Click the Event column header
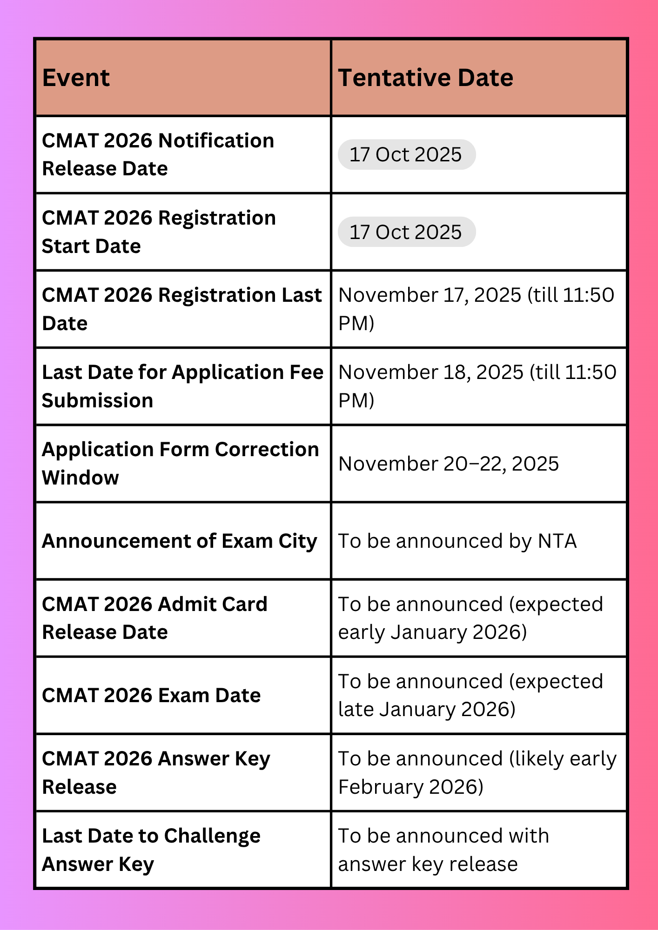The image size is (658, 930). (x=76, y=78)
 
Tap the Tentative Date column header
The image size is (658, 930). (x=425, y=78)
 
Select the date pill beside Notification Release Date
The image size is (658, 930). (x=406, y=154)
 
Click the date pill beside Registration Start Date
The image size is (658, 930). (x=406, y=232)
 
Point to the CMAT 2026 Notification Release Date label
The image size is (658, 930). (x=158, y=154)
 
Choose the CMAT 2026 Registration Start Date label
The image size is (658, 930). (x=159, y=232)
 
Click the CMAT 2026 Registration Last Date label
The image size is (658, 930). (x=181, y=309)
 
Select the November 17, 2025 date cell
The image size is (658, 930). (x=476, y=309)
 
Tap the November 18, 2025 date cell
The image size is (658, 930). (x=477, y=386)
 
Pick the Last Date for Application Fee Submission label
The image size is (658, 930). (x=182, y=386)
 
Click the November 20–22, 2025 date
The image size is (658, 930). (x=449, y=464)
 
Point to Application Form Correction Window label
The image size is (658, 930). (x=181, y=463)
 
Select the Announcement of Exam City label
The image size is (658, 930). (x=180, y=541)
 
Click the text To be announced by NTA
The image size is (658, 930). (x=457, y=541)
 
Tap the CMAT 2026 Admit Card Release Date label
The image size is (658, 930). (x=154, y=618)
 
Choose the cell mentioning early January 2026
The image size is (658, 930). (x=470, y=618)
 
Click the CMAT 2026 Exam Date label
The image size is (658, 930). (x=151, y=695)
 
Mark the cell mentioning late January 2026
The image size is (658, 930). (x=470, y=695)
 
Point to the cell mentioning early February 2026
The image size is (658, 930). (x=477, y=772)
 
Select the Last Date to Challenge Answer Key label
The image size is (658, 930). (x=151, y=850)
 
